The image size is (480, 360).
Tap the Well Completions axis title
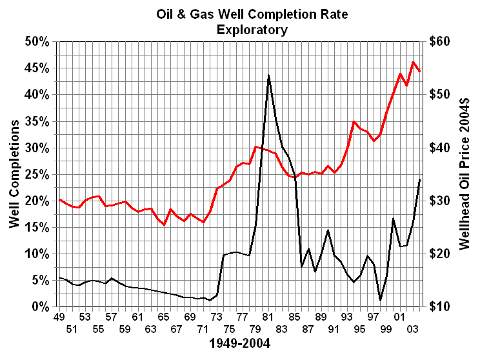click(14, 174)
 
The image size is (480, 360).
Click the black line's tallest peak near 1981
click(268, 75)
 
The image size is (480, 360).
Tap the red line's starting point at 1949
click(59, 199)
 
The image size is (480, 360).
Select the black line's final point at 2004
click(420, 179)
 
